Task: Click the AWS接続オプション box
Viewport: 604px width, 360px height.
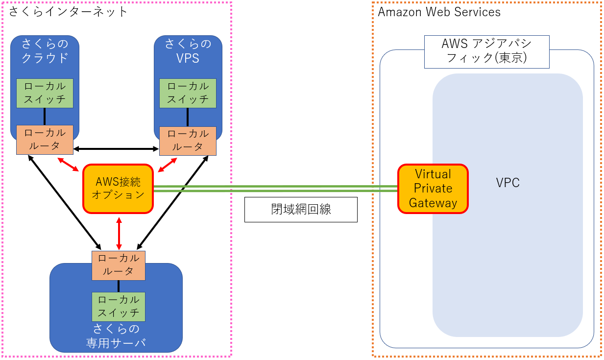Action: pyautogui.click(x=118, y=189)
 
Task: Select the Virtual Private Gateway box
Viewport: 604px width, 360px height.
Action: pyautogui.click(x=433, y=189)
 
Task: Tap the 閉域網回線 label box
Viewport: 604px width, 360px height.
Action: pyautogui.click(x=301, y=209)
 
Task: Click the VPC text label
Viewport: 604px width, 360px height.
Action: pyautogui.click(x=507, y=183)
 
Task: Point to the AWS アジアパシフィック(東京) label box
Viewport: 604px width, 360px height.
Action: pyautogui.click(x=486, y=51)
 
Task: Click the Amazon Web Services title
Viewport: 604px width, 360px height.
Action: pyautogui.click(x=439, y=12)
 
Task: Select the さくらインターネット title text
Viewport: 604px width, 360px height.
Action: pyautogui.click(x=68, y=11)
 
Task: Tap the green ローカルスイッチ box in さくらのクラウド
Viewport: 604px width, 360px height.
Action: pyautogui.click(x=45, y=93)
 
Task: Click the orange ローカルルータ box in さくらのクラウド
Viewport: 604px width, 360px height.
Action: pyautogui.click(x=45, y=140)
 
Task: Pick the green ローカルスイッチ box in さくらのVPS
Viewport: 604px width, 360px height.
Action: pyautogui.click(x=188, y=93)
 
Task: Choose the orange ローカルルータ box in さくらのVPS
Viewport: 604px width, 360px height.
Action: pyautogui.click(x=188, y=140)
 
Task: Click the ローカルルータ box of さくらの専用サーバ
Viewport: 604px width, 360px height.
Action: pyautogui.click(x=119, y=265)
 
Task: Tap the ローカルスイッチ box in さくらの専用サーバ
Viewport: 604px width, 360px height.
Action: pyautogui.click(x=119, y=307)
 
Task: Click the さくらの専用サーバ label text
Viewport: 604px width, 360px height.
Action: pyautogui.click(x=116, y=336)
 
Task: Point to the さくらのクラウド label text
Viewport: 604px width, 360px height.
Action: pyautogui.click(x=45, y=51)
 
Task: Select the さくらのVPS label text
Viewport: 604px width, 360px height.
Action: pyautogui.click(x=188, y=51)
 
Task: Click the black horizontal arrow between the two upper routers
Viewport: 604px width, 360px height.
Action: pyautogui.click(x=116, y=148)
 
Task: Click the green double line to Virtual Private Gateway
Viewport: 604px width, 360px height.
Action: pyautogui.click(x=274, y=189)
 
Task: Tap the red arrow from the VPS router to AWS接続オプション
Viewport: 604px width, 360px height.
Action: pyautogui.click(x=167, y=165)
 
